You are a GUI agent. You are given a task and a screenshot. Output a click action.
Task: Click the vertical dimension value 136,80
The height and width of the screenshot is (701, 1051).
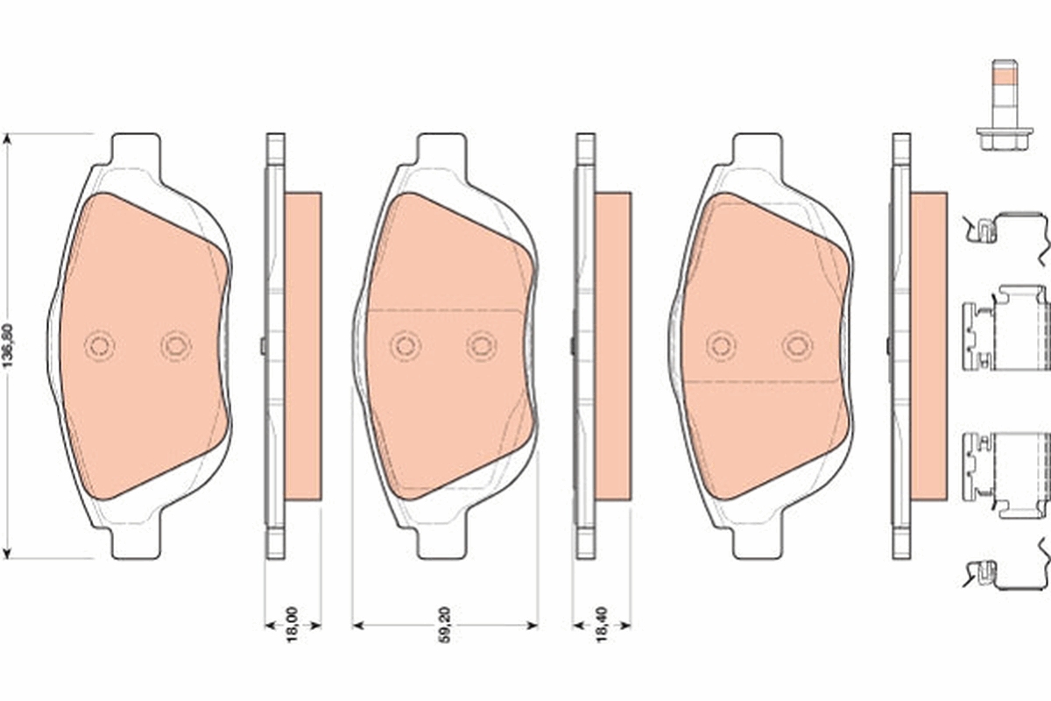[9, 346]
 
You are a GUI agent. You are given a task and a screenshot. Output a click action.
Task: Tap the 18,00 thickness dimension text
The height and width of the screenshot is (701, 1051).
[293, 625]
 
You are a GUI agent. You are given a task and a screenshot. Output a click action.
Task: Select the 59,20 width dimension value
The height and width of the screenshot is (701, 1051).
[444, 625]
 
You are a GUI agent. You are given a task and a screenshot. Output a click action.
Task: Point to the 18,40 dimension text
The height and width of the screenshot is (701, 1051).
[601, 625]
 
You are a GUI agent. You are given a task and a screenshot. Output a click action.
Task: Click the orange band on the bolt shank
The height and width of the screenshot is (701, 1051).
[1005, 89]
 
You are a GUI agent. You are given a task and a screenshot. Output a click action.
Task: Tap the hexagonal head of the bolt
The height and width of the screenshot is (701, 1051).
[1005, 139]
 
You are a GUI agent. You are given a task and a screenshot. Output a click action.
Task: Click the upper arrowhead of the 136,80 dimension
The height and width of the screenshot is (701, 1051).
[7, 139]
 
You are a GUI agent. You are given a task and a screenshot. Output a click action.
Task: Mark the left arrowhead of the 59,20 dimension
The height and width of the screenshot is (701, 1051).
[358, 625]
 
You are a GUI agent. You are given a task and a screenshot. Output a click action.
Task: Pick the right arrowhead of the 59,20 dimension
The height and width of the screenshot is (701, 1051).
[533, 625]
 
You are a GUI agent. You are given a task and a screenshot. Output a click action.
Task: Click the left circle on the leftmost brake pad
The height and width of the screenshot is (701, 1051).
[100, 346]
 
